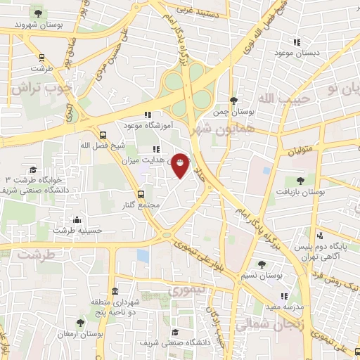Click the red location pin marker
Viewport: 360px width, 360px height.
click(x=180, y=165)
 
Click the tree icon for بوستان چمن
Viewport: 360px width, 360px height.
click(x=233, y=101)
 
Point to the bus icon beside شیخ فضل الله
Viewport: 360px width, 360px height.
click(x=103, y=135)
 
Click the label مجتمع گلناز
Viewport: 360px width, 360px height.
click(x=141, y=205)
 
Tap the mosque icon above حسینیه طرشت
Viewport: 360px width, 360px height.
click(x=77, y=220)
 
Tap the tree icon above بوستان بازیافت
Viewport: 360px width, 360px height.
click(x=300, y=181)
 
